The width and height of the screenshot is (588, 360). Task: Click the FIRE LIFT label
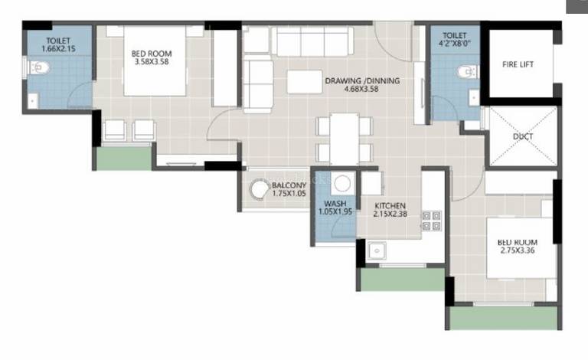tap(518, 64)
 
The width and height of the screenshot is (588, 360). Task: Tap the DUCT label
tap(523, 136)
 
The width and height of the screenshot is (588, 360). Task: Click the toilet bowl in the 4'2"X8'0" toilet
tap(468, 72)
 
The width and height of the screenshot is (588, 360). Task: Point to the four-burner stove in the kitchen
tap(432, 221)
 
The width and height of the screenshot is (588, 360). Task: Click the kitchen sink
tap(377, 250)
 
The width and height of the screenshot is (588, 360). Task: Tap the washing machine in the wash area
tap(342, 183)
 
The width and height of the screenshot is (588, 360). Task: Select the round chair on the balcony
tap(259, 189)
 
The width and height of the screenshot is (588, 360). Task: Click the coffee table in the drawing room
tap(305, 81)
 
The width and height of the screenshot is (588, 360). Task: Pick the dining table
tap(345, 139)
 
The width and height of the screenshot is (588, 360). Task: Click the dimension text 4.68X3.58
tap(361, 90)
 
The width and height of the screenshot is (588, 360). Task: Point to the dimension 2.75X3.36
tap(518, 250)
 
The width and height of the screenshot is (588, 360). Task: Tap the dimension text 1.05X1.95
tap(335, 211)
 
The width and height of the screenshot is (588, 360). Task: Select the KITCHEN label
tap(390, 206)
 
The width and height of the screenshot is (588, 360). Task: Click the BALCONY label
tap(289, 185)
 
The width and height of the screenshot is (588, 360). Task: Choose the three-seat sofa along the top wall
tap(312, 41)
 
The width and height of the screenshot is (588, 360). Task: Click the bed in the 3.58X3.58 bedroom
tap(155, 61)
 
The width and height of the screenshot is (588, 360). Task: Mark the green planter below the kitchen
tap(402, 280)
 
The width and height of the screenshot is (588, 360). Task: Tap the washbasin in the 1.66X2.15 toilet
tap(33, 101)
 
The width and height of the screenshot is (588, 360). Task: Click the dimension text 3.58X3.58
tap(152, 62)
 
